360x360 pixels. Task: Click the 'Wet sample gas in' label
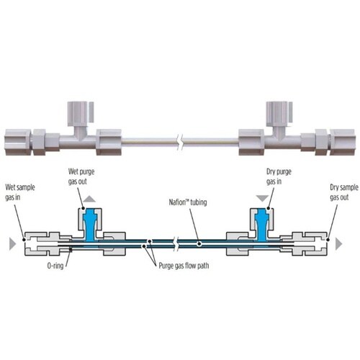tap(20, 192)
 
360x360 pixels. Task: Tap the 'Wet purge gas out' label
tap(81, 176)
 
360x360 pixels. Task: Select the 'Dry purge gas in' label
tap(279, 176)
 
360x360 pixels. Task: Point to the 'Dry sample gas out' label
tap(344, 192)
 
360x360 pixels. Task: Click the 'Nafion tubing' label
tap(188, 202)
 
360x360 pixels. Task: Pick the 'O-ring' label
tap(55, 266)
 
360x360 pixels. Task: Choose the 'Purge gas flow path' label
tap(184, 266)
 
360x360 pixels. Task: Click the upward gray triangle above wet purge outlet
tap(89, 199)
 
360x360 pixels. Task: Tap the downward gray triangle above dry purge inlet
tap(262, 199)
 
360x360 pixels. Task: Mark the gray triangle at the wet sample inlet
tap(12, 244)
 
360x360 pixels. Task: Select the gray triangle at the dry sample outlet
tap(338, 244)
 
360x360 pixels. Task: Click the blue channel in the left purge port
tap(91, 225)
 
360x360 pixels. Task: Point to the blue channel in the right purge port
tap(261, 225)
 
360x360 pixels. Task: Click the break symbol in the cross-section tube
tap(177, 244)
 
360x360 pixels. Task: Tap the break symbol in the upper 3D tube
tap(180, 142)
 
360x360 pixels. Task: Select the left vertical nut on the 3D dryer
tap(78, 114)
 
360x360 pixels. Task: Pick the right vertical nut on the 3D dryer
tap(277, 114)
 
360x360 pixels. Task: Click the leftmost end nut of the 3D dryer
tap(17, 142)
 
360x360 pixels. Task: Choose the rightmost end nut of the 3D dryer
tap(343, 142)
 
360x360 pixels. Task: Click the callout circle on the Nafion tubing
tap(199, 244)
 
